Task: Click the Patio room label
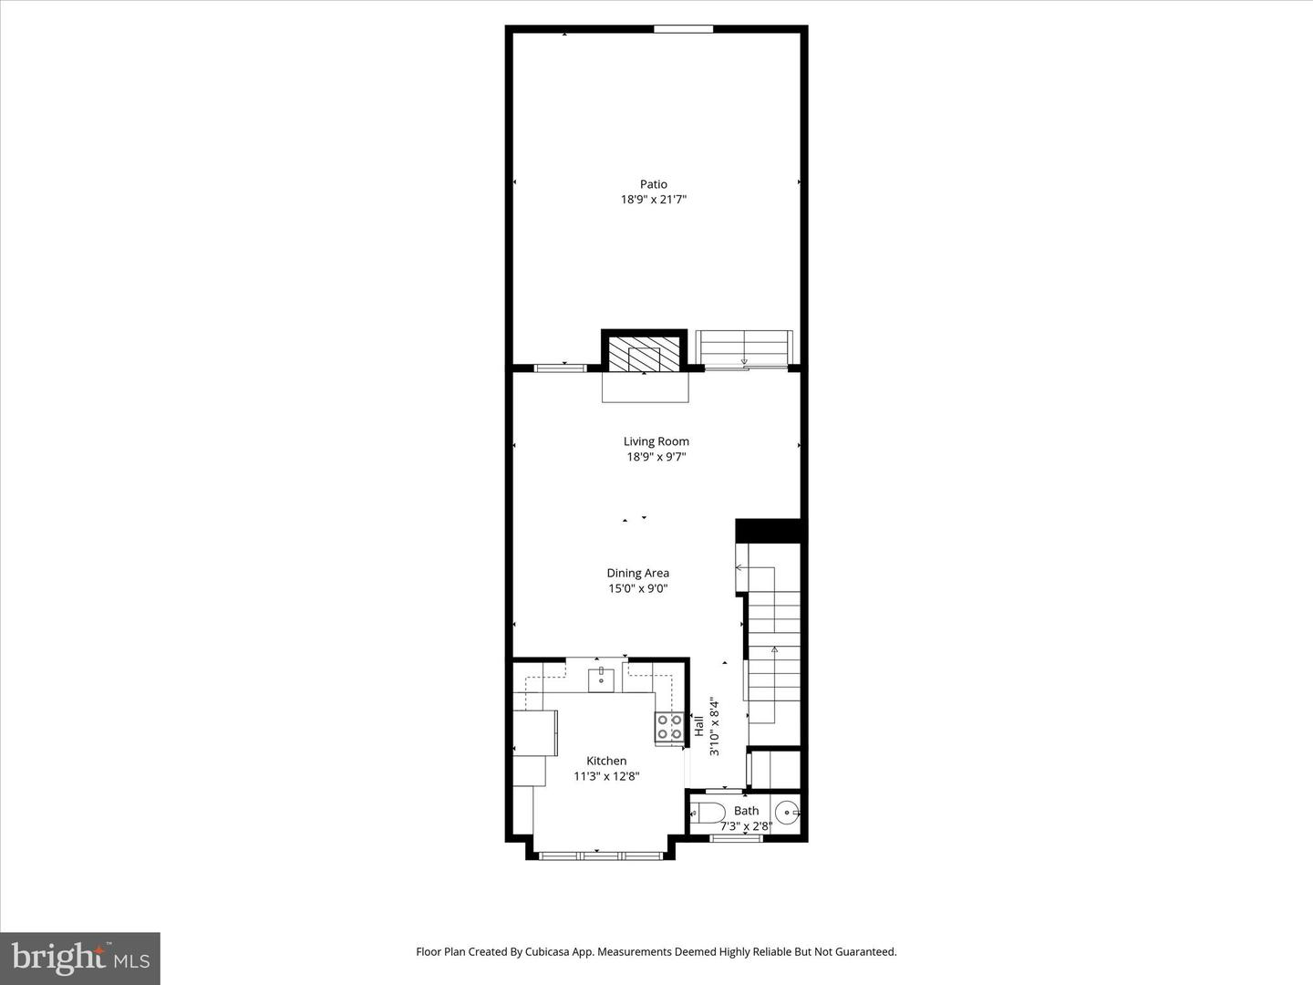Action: coord(653,184)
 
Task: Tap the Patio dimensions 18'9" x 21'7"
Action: coord(653,199)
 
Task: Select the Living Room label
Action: coord(656,441)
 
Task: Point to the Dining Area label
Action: coord(637,573)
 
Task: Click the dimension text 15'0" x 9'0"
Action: coord(637,588)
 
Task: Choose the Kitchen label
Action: coord(606,761)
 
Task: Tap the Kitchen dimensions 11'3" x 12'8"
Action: coord(606,776)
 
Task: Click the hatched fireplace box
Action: coord(645,354)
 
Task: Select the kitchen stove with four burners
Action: coord(669,726)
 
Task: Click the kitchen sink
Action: coord(601,679)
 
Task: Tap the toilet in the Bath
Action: coord(707,812)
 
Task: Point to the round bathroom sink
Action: coord(787,810)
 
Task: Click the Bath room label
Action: coord(746,810)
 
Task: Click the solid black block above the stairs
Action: coord(768,530)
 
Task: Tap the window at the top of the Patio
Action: coord(683,29)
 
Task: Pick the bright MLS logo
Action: coord(80,958)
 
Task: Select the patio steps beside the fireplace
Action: coord(744,348)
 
